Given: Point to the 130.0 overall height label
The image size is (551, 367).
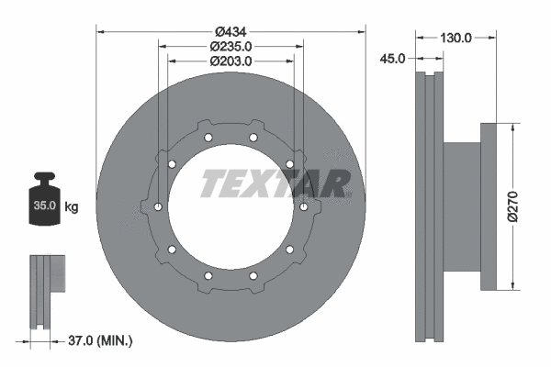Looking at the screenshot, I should pyautogui.click(x=455, y=38).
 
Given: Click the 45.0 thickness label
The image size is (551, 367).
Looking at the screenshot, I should pyautogui.click(x=392, y=58).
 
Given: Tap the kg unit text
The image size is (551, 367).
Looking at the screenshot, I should pyautogui.click(x=71, y=207).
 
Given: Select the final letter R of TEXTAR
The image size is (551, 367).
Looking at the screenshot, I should pyautogui.click(x=336, y=184).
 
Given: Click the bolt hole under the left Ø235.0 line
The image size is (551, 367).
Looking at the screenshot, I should pyautogui.click(x=159, y=207).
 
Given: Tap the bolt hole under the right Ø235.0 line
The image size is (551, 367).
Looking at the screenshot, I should pyautogui.click(x=303, y=207).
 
